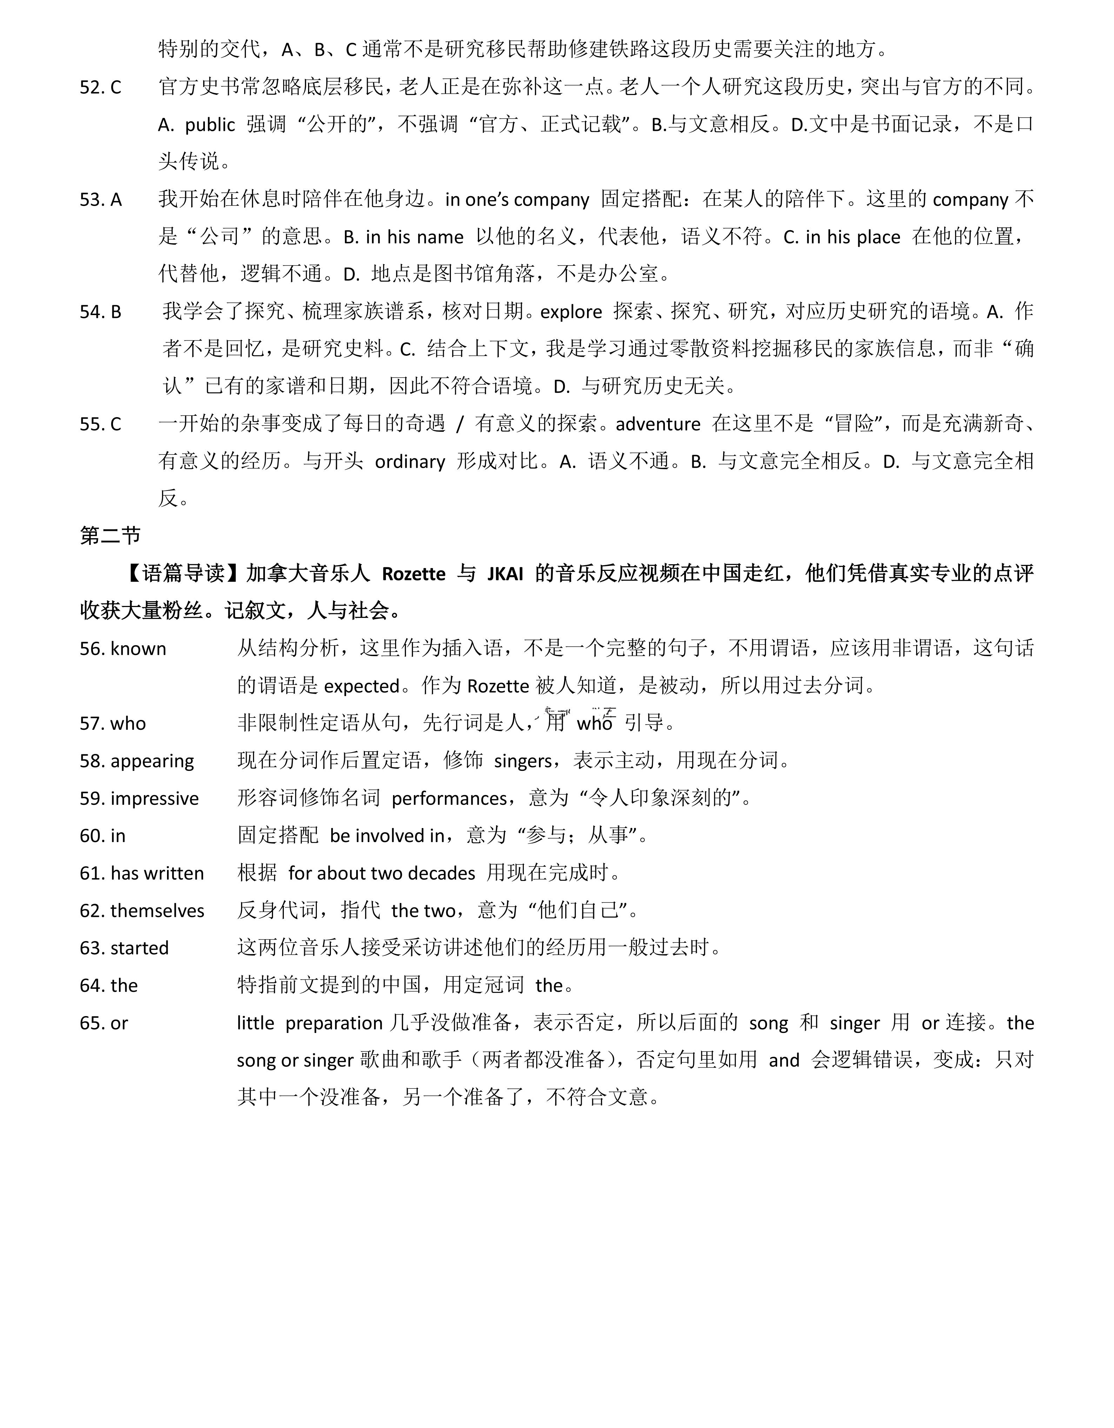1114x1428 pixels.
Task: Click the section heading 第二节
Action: (x=110, y=536)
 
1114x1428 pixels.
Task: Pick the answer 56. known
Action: (x=123, y=649)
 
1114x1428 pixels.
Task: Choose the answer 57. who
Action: (x=112, y=724)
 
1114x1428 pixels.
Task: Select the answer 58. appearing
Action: (x=136, y=761)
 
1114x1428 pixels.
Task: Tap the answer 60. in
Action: (x=103, y=836)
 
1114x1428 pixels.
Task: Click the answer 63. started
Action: (x=124, y=948)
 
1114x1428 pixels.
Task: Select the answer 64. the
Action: (x=108, y=985)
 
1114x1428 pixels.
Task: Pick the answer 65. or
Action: (x=104, y=1023)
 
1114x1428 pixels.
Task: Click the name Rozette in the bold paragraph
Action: (x=413, y=574)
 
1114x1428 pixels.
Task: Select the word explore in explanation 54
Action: (x=571, y=312)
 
